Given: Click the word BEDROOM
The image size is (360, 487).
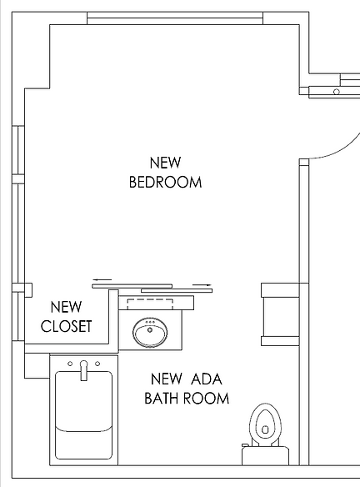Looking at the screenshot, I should [x=165, y=182].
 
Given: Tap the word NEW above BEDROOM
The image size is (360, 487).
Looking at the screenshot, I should [x=165, y=162].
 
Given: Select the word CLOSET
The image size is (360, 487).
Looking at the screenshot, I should [x=66, y=326].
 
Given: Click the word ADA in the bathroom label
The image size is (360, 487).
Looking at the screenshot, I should [x=205, y=379].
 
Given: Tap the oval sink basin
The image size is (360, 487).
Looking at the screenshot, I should [x=150, y=334].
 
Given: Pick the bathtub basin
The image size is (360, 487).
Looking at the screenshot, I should [x=83, y=413].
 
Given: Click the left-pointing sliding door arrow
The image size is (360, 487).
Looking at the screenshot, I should [x=102, y=279].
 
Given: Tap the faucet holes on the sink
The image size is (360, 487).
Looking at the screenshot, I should [x=150, y=322].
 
